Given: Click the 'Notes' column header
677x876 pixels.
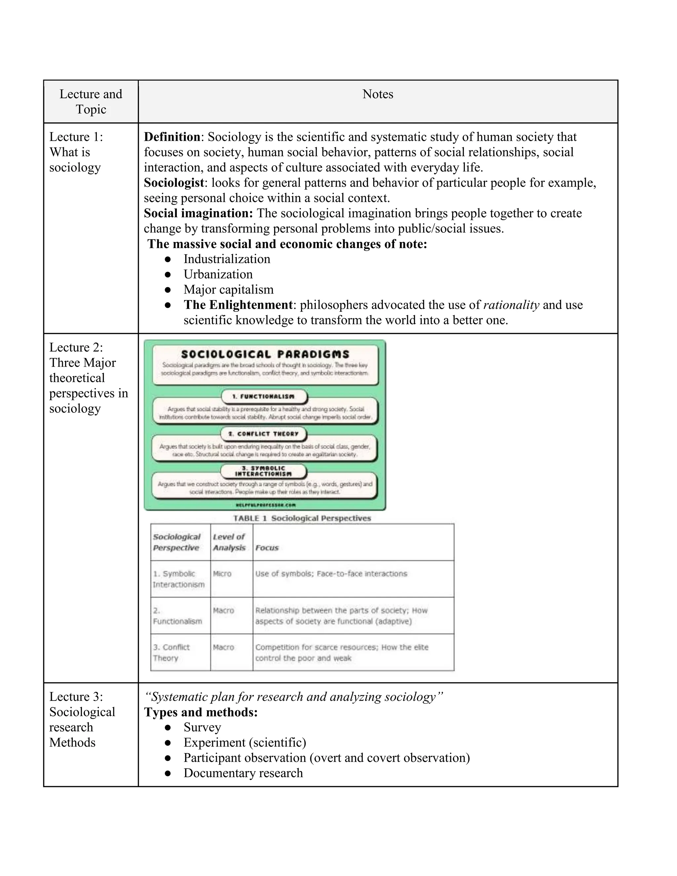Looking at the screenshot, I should click(x=378, y=94).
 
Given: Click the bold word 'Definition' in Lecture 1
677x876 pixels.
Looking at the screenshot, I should click(x=172, y=137).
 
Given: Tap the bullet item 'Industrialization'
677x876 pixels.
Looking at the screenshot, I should click(x=226, y=259).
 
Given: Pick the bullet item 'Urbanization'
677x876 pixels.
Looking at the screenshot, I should click(x=218, y=274).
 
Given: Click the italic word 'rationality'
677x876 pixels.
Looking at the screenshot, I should click(x=511, y=305).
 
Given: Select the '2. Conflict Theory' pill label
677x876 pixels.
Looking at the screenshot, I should click(x=263, y=434).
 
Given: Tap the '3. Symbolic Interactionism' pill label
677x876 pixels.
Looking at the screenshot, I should click(x=263, y=471).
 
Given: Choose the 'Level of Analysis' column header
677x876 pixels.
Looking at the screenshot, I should click(x=229, y=542).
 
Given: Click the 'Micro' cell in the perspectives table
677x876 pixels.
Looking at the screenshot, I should click(x=222, y=574).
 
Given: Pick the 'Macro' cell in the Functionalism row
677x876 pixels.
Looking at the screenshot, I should click(x=223, y=611).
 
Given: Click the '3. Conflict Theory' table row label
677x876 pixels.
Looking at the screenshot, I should click(x=171, y=653).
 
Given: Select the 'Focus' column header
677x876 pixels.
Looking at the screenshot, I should click(x=267, y=548).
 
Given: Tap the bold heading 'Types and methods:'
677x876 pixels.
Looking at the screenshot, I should click(x=201, y=712).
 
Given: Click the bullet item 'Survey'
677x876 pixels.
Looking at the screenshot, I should click(x=202, y=728).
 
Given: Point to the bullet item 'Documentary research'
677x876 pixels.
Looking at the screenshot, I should click(x=243, y=773).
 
